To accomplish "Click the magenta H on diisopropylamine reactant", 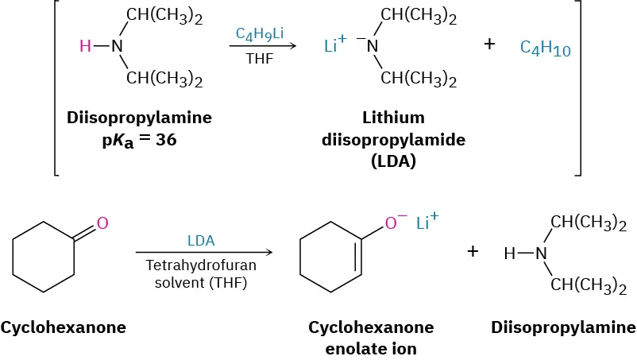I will (85, 46).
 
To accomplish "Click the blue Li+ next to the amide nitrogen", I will (336, 45).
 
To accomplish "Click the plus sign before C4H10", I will (489, 45).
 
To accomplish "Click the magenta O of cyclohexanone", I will (102, 223).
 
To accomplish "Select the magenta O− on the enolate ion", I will (395, 224).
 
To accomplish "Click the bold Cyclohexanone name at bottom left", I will (64, 327).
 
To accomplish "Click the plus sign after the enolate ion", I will (473, 252).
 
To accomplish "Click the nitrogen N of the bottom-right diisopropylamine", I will (541, 254).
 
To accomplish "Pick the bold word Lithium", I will (372, 118).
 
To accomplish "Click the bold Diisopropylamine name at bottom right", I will (562, 327).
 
